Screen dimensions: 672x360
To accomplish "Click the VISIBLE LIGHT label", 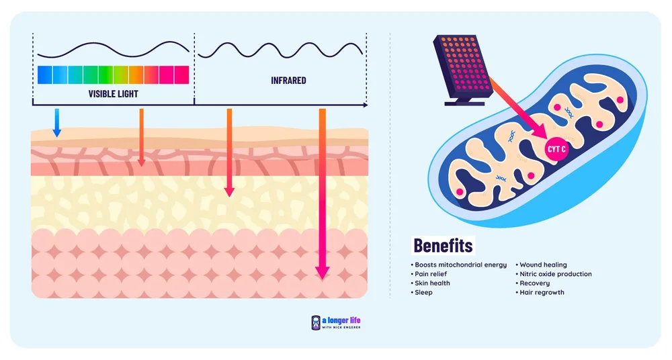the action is click(x=113, y=93).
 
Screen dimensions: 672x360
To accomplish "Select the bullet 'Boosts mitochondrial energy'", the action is click(x=460, y=265).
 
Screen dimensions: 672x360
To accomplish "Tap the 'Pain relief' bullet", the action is click(x=431, y=274).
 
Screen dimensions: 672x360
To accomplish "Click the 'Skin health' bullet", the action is click(x=432, y=283).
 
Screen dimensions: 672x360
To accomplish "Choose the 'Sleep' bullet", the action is click(x=423, y=293).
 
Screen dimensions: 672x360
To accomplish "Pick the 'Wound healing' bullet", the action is click(x=543, y=265).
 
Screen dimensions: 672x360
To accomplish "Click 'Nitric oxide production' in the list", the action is click(x=555, y=274).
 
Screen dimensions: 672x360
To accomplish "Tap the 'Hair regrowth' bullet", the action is click(x=542, y=293).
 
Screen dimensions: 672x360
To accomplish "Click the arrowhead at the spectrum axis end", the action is click(x=365, y=105).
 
